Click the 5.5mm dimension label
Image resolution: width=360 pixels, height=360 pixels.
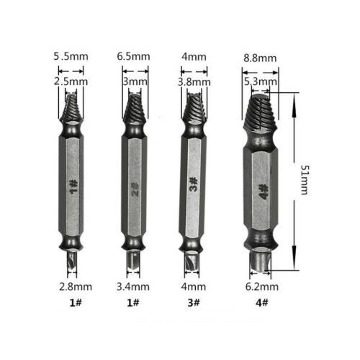tap(71, 57)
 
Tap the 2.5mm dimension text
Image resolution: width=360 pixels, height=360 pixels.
tap(71, 81)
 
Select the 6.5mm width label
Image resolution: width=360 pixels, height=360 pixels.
tap(133, 57)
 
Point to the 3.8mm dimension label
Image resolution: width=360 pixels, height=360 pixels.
tap(194, 82)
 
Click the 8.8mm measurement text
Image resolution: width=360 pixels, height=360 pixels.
tap(260, 58)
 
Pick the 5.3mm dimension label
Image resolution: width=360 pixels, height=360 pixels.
tap(261, 82)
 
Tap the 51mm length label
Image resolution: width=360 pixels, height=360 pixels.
tap(304, 180)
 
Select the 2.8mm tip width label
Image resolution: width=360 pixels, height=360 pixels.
tap(76, 287)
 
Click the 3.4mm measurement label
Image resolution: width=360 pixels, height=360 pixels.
tap(133, 287)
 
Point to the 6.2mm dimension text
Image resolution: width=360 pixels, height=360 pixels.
tap(262, 287)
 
